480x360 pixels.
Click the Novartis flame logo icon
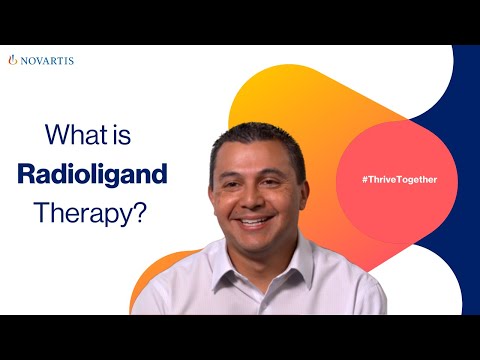(x=12, y=60)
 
